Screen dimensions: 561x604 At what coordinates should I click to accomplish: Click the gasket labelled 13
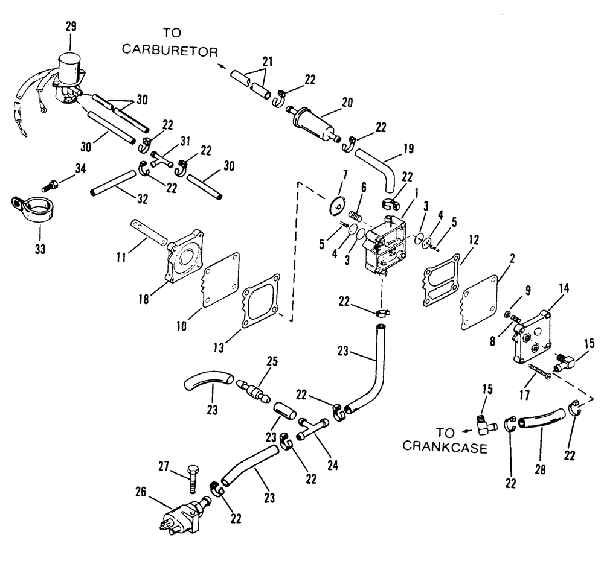click(260, 302)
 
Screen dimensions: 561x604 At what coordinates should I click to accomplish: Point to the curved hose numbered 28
click(541, 422)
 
